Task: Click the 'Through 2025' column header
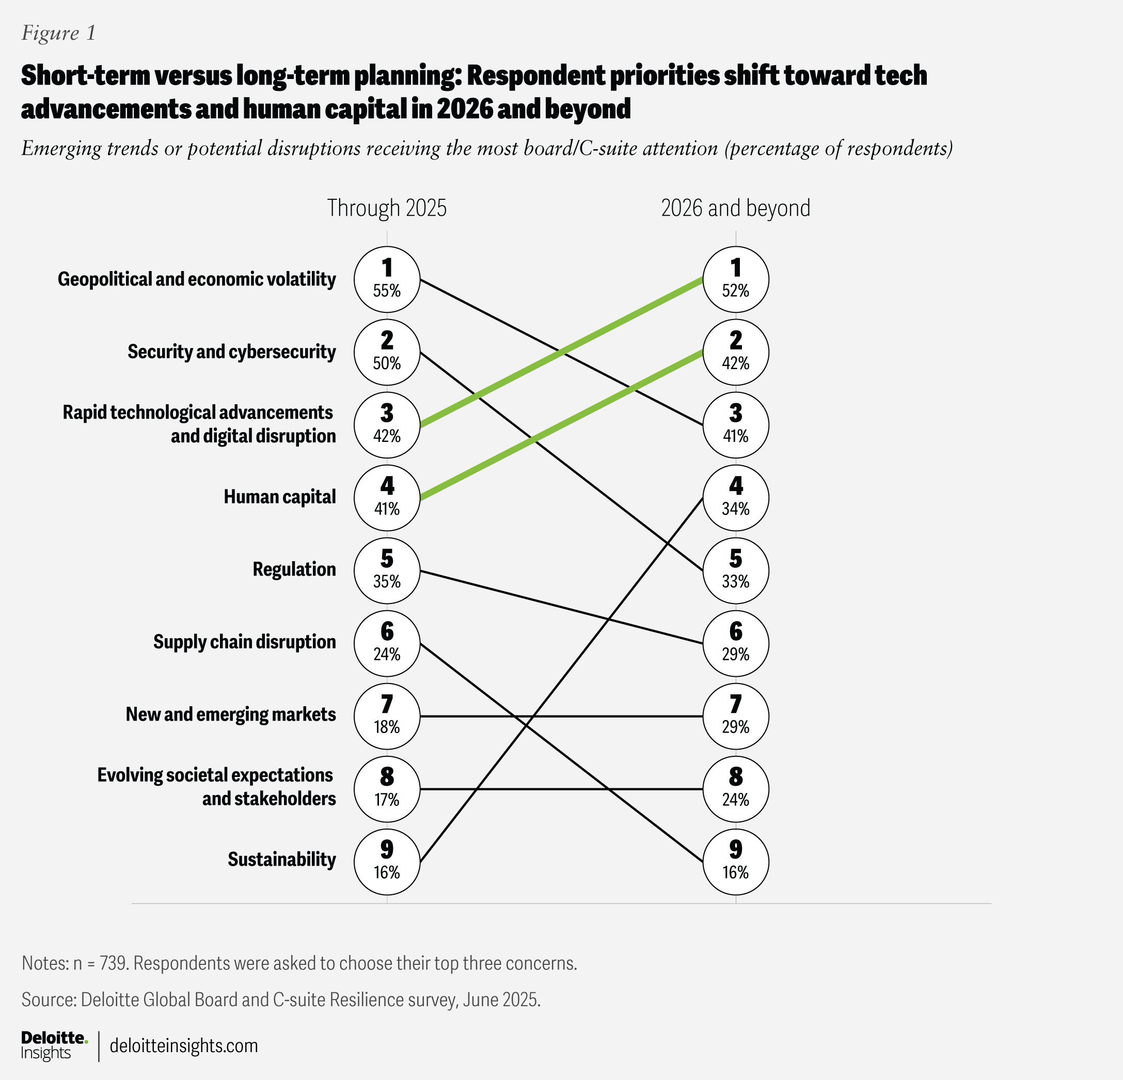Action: click(387, 208)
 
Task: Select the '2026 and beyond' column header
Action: click(736, 208)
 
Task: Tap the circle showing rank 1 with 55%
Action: click(387, 279)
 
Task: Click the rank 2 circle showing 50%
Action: click(387, 352)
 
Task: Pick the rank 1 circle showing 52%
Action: click(736, 279)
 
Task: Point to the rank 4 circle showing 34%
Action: click(736, 497)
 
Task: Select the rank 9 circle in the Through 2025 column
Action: click(387, 861)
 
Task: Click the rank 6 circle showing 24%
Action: click(387, 643)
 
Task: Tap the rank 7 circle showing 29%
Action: click(736, 716)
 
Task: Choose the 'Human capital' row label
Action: click(280, 497)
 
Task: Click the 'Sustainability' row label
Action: click(281, 860)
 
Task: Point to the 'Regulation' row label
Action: click(294, 569)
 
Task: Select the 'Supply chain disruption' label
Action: click(245, 642)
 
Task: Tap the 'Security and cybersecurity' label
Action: click(231, 352)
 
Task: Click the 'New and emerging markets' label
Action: click(231, 714)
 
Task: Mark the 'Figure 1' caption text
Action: click(58, 33)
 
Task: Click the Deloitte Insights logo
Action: click(54, 1045)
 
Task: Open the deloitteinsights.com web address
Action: click(183, 1045)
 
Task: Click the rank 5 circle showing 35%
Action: click(387, 570)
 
